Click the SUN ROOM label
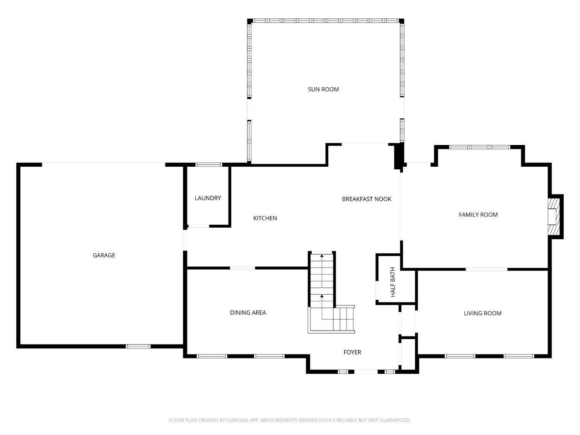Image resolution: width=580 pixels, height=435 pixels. (323, 89)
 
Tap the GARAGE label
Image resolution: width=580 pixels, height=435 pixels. (104, 255)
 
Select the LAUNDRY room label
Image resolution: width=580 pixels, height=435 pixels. (208, 198)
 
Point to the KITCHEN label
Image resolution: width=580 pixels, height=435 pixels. (265, 218)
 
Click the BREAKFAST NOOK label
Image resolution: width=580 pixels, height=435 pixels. (367, 199)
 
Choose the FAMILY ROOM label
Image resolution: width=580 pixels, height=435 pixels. (478, 215)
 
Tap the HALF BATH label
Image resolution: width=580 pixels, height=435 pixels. (393, 282)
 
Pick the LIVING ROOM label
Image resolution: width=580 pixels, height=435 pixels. (482, 313)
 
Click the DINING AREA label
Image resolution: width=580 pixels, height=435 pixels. (248, 312)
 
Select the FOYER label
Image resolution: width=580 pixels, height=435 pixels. (352, 352)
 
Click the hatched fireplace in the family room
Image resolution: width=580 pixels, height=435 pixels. (554, 217)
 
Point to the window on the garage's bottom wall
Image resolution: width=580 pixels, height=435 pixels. (138, 346)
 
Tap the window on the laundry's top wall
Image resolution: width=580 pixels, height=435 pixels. (209, 165)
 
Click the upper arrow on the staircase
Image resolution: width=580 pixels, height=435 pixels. (322, 256)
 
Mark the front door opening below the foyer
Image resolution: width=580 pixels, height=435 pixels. (366, 372)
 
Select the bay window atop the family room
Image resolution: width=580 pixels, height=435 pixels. (479, 147)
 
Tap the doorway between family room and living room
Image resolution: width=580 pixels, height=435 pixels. (486, 269)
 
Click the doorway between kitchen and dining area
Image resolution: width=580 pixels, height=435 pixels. (243, 268)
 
